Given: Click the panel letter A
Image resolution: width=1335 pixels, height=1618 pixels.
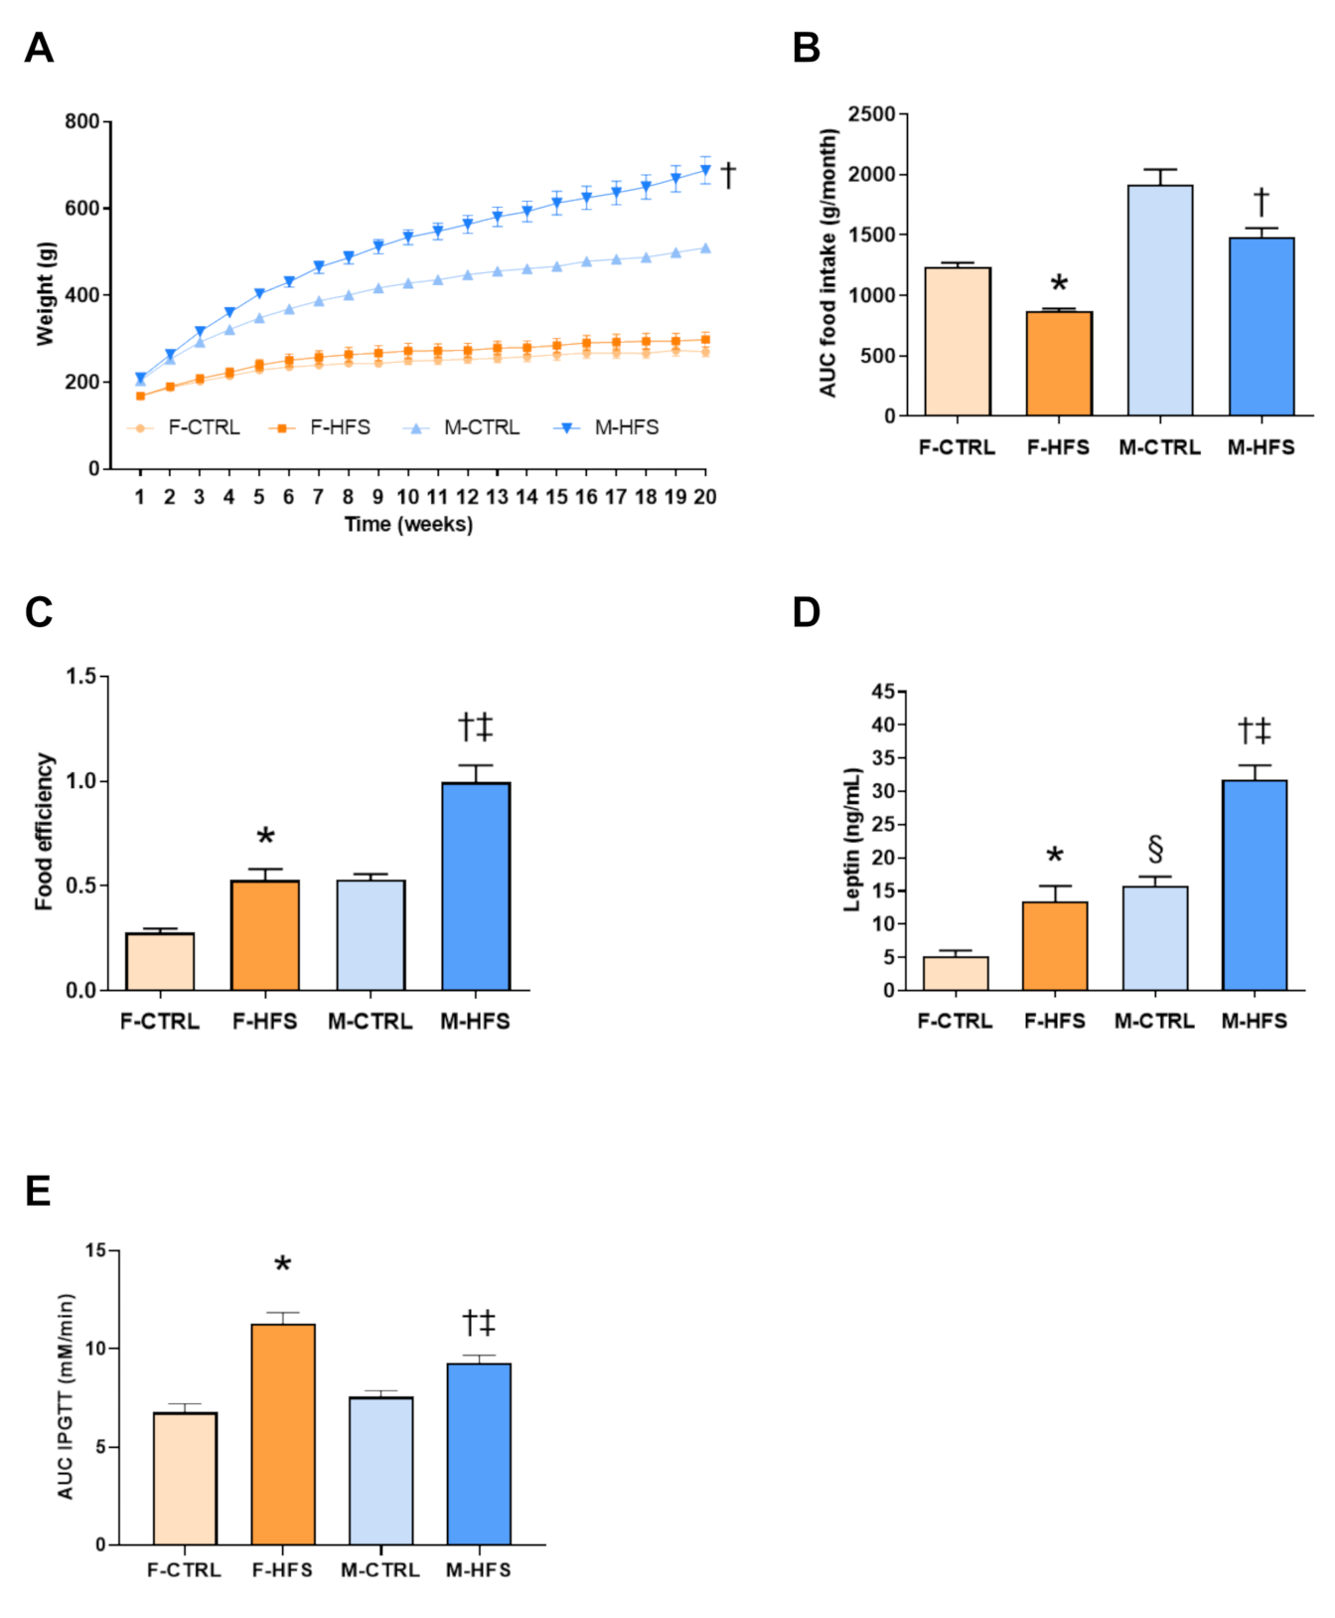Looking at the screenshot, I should click(39, 48).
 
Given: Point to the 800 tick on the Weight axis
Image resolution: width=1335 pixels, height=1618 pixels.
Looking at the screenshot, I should click(82, 121).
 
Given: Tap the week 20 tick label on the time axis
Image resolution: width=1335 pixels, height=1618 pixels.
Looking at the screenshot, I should click(704, 497).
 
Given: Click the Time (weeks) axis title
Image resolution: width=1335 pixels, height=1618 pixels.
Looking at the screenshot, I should click(408, 525).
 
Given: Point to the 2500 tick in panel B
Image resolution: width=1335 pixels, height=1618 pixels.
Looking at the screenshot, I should click(872, 114).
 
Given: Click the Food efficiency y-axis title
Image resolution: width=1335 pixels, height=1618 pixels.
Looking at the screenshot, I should click(44, 832).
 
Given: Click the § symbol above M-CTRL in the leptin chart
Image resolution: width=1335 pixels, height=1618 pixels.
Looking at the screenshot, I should click(1154, 850).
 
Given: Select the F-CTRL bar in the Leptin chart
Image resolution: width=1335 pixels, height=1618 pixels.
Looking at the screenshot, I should click(955, 973).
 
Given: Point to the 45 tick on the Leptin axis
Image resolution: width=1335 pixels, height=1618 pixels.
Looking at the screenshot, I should click(883, 692).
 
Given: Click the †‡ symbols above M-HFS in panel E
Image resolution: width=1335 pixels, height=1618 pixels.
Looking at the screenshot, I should click(479, 1323).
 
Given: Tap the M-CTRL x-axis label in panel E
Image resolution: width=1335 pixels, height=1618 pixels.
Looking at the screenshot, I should click(379, 1570).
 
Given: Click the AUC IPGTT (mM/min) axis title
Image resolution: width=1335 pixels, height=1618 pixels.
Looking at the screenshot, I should click(66, 1396).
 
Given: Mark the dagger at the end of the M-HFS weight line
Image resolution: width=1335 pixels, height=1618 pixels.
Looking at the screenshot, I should click(728, 175).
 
